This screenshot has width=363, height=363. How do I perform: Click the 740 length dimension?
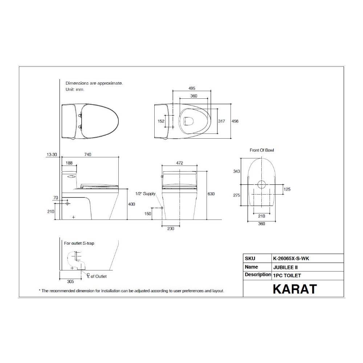(x=87, y=155)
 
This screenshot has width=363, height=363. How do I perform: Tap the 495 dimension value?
(x=192, y=88)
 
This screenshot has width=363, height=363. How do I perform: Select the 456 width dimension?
(x=235, y=121)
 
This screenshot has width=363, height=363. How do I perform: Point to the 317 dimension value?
(x=221, y=121)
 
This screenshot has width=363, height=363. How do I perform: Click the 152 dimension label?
(x=161, y=121)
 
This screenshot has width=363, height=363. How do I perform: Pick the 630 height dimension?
(x=211, y=194)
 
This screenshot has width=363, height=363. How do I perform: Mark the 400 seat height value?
(x=131, y=204)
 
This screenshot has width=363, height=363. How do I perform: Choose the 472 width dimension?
(x=179, y=163)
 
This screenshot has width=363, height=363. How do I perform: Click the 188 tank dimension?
(x=69, y=163)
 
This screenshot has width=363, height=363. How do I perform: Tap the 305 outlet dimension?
(x=70, y=281)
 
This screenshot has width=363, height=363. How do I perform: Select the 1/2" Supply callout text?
(x=145, y=194)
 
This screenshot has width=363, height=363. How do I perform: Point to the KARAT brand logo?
(x=294, y=289)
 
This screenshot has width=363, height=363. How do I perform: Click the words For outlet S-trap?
(x=79, y=243)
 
